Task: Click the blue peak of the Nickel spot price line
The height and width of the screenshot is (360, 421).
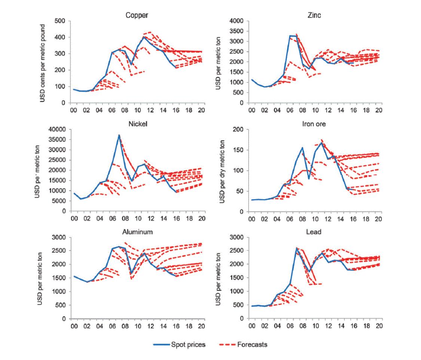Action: coord(119,135)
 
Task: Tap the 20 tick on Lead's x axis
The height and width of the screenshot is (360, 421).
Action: coord(379,327)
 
